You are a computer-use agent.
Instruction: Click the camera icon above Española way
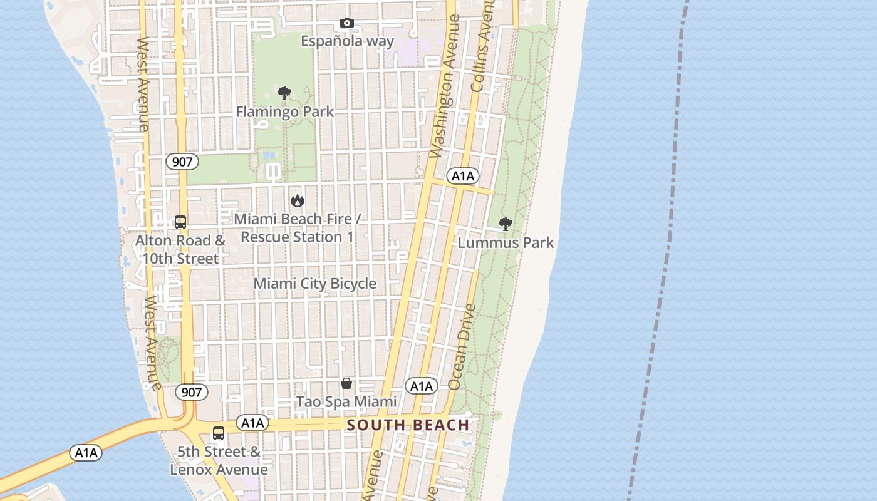click(x=346, y=23)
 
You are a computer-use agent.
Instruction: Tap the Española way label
click(x=347, y=41)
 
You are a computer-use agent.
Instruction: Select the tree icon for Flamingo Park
click(x=284, y=94)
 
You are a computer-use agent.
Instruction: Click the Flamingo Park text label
click(x=284, y=112)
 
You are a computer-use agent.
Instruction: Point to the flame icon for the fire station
click(x=297, y=201)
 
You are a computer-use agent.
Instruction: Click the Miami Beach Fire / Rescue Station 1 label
click(x=297, y=228)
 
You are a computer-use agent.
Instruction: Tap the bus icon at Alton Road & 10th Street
click(x=180, y=222)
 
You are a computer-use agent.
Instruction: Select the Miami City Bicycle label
click(x=314, y=284)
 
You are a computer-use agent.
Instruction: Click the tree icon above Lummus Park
click(x=505, y=224)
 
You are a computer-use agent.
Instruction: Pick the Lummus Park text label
click(x=506, y=242)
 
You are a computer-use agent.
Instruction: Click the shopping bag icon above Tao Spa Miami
click(x=346, y=383)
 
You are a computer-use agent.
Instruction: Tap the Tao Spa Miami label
click(x=346, y=401)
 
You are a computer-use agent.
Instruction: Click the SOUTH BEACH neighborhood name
click(x=408, y=425)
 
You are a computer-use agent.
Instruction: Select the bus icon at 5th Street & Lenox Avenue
click(x=219, y=433)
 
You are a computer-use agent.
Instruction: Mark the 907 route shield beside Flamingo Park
click(x=182, y=162)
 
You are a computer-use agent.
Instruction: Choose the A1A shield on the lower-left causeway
click(x=85, y=453)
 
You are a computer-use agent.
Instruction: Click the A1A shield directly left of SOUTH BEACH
click(x=252, y=423)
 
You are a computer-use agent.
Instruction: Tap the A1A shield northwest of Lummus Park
click(x=462, y=176)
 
